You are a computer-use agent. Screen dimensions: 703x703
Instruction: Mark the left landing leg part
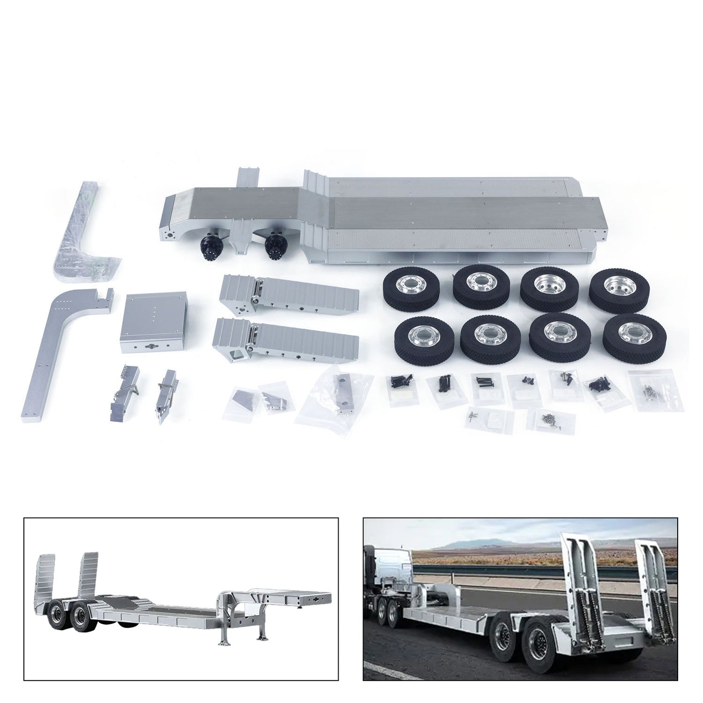pos(125,388)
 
